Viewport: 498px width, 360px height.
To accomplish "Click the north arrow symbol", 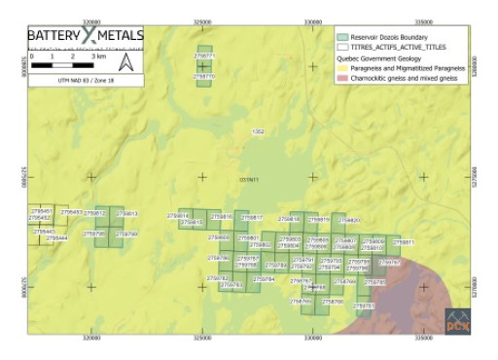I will point(126,61).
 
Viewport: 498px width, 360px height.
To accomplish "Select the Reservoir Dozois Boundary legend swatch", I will point(341,35).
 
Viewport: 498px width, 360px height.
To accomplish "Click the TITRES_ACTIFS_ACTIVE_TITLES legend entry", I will point(395,47).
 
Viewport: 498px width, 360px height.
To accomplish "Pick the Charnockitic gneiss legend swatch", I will point(341,78).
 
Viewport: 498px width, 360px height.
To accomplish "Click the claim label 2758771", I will point(204,56).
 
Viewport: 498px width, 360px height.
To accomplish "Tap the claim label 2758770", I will point(204,75).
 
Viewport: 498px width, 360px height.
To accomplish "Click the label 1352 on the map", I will point(258,130).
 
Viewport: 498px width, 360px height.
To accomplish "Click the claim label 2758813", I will point(127,213).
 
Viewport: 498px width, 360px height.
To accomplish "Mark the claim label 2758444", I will point(57,237).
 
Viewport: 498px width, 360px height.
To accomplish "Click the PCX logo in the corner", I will point(458,320).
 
